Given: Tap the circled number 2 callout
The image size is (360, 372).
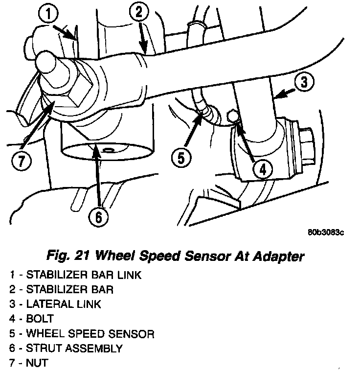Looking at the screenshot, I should [x=139, y=12].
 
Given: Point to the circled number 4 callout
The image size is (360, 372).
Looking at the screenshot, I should [x=262, y=169].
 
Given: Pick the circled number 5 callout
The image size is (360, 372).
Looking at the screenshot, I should [x=181, y=158].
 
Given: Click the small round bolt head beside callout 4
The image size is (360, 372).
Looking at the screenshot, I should [x=233, y=116].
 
